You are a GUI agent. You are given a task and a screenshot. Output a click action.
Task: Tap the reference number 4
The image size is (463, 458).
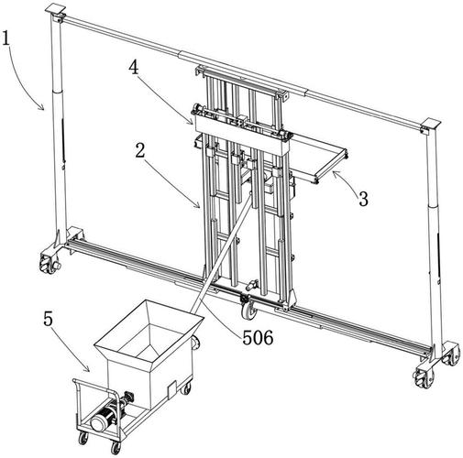click(x=134, y=68)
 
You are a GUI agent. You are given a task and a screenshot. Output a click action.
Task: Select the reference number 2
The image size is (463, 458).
click(x=140, y=150)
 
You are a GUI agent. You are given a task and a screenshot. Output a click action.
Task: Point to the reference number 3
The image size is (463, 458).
click(x=363, y=199)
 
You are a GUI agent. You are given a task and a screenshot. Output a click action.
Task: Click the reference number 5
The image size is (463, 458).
click(x=49, y=320)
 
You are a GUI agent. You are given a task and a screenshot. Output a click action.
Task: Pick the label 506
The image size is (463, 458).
click(x=258, y=338)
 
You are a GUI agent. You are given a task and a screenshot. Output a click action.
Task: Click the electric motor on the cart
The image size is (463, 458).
click(x=103, y=420)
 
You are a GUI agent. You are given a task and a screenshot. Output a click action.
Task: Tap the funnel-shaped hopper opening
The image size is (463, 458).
click(x=149, y=331)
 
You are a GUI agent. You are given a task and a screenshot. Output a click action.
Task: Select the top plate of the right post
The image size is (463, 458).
click(x=431, y=124)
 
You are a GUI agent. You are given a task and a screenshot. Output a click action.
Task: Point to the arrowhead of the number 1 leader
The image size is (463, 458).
click(x=43, y=107)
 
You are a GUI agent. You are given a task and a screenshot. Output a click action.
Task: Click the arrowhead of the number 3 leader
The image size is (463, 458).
click(x=335, y=173)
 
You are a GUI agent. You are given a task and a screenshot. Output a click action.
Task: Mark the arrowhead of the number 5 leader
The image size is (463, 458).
click(x=88, y=370)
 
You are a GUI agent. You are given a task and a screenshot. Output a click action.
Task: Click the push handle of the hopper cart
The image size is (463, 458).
click(x=76, y=397)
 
